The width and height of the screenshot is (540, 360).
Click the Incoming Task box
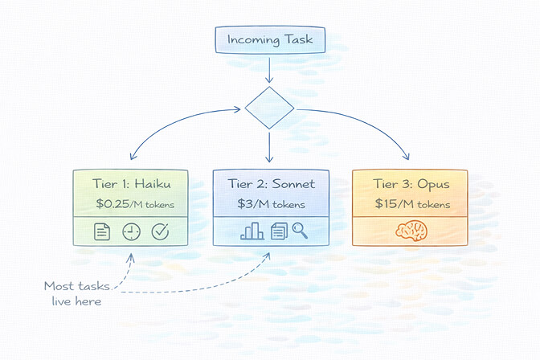[x=269, y=39]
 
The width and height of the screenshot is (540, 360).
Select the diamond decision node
[x=269, y=108]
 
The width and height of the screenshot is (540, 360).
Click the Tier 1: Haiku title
[x=130, y=184]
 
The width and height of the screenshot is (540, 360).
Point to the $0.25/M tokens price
[x=130, y=204]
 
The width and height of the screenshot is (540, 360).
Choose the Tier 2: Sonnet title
[x=270, y=184]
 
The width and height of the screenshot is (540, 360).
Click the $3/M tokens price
[x=270, y=204]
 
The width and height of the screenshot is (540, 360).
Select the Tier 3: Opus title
[x=410, y=184]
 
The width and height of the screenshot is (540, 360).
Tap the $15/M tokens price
[x=410, y=204]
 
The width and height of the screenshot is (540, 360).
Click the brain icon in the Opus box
[x=410, y=231]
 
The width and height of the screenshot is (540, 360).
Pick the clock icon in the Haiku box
[x=131, y=232]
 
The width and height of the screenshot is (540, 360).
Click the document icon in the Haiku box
[x=102, y=232]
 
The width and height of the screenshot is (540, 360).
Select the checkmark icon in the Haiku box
[x=160, y=232]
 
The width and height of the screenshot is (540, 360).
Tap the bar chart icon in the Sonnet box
[x=252, y=231]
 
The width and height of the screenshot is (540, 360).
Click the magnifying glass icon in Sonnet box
[x=300, y=231]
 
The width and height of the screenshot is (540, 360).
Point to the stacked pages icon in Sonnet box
[x=277, y=231]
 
